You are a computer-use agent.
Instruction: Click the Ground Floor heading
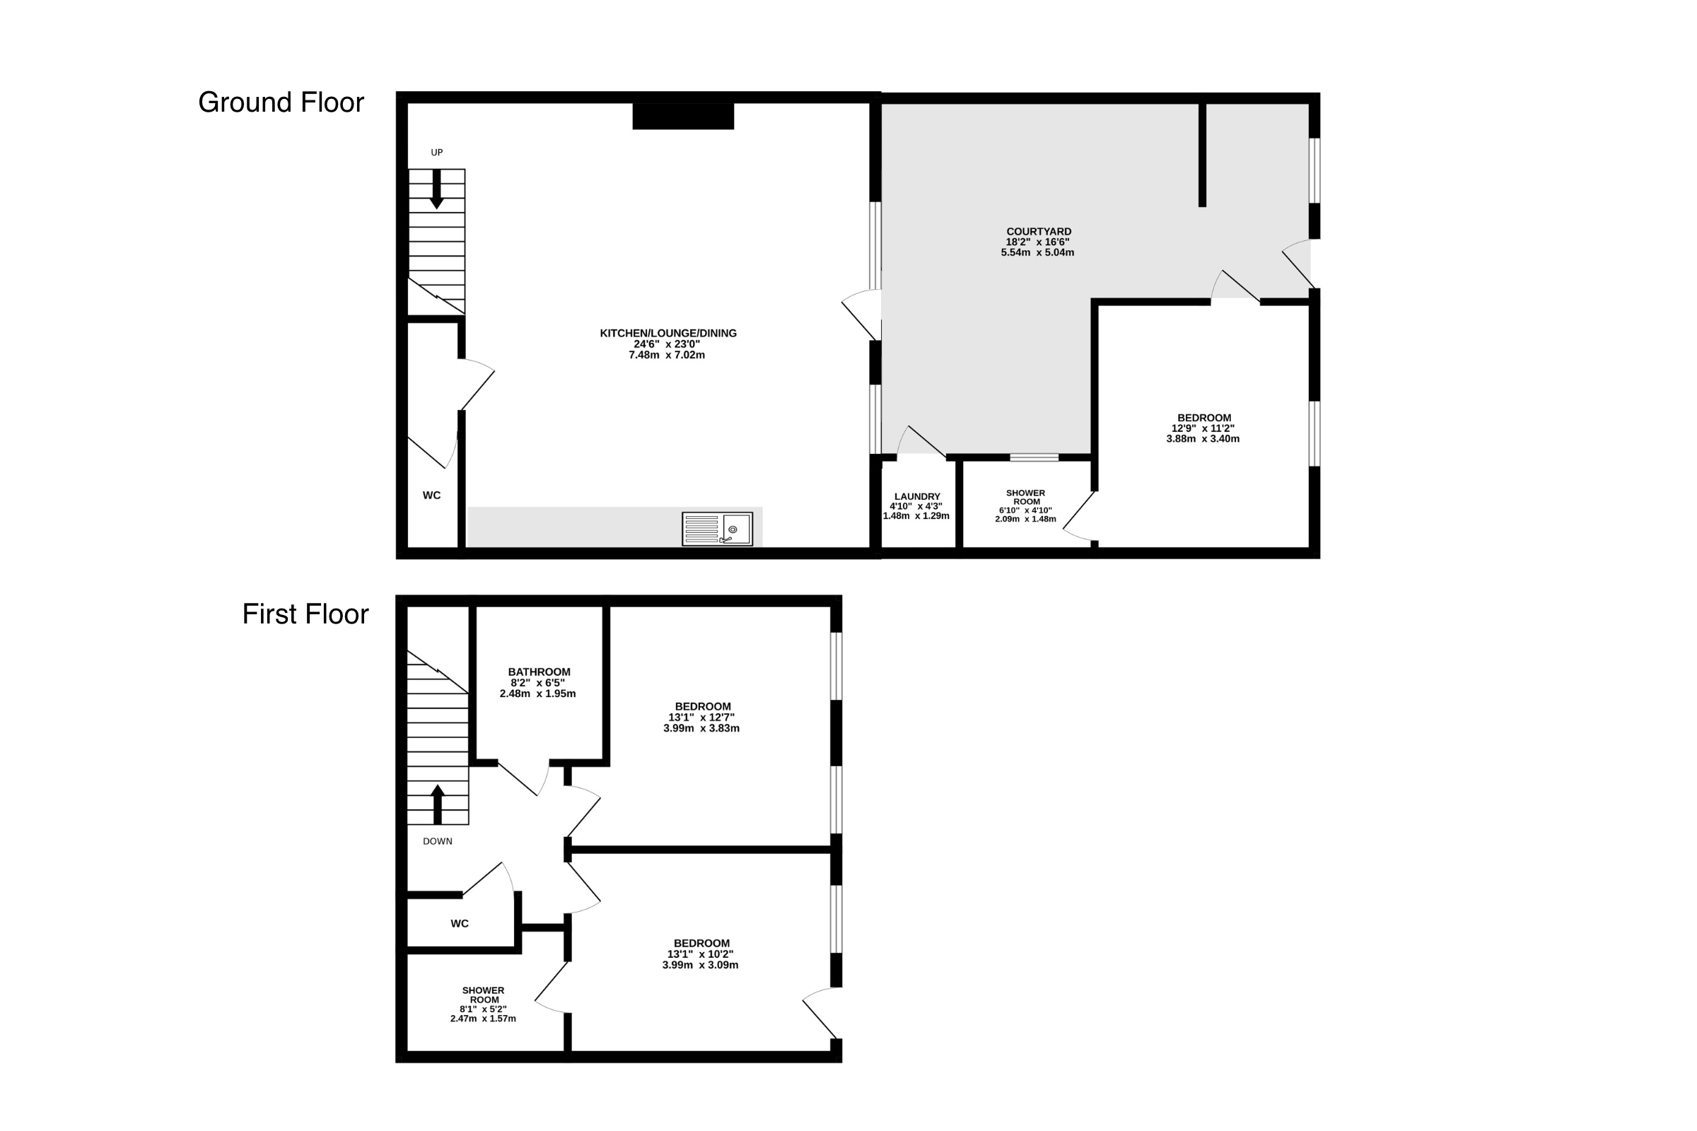281,102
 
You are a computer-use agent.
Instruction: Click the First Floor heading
305,614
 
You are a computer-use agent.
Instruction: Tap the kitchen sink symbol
717,529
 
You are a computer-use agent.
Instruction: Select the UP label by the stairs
436,152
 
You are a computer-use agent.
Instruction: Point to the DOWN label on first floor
438,841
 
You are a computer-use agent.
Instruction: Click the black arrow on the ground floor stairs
436,189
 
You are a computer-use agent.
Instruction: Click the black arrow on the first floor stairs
437,804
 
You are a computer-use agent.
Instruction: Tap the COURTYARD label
1039,232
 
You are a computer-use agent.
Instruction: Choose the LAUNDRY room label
917,496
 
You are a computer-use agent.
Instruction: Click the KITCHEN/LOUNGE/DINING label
668,333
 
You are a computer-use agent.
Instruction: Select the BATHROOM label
539,672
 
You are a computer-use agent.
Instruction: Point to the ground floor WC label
431,495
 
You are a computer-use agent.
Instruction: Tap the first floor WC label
460,923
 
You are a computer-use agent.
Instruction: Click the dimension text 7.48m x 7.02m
667,355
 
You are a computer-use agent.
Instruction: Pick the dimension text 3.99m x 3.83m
701,728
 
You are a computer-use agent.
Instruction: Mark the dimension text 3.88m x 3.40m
1203,438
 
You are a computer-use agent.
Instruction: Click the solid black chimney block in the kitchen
683,116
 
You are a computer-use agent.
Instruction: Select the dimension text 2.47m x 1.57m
484,1019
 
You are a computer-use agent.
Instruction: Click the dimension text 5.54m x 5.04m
1037,252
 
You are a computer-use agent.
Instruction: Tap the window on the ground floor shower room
1034,457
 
